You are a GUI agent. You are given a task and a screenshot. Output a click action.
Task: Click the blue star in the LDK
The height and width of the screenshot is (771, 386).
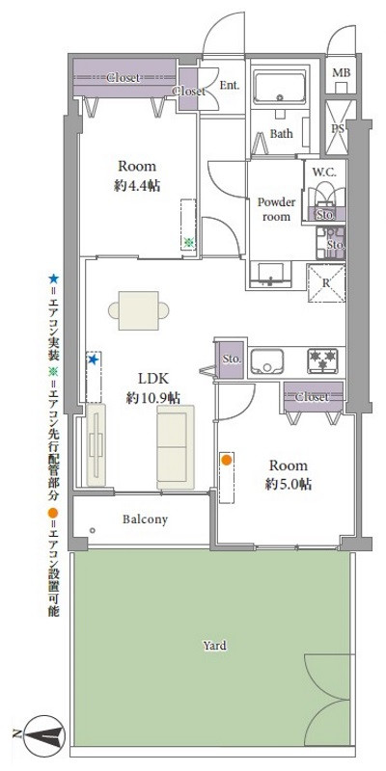pyautogui.click(x=93, y=359)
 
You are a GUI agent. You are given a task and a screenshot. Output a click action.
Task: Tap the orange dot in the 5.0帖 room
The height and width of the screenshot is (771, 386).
pyautogui.click(x=227, y=461)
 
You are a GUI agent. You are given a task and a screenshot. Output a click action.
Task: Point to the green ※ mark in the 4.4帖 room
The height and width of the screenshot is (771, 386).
pyautogui.click(x=188, y=242)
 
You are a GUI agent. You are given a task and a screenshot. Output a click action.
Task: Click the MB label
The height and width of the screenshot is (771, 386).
pyautogui.click(x=342, y=73)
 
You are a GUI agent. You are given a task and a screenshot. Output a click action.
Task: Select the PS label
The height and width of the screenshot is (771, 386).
pyautogui.click(x=337, y=128)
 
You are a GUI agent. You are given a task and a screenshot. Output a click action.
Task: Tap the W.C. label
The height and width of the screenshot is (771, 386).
pyautogui.click(x=324, y=173)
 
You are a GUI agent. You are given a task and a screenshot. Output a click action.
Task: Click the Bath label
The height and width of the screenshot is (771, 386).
pyautogui.click(x=281, y=133)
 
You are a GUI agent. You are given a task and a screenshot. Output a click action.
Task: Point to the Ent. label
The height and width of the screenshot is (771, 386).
pyautogui.click(x=230, y=85)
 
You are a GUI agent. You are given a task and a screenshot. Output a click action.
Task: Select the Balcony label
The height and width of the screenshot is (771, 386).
pyautogui.click(x=146, y=518)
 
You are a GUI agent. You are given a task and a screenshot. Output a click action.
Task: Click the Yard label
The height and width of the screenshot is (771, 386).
pyautogui.click(x=215, y=645)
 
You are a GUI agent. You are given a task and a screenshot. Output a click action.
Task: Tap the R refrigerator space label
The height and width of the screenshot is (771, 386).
pyautogui.click(x=326, y=283)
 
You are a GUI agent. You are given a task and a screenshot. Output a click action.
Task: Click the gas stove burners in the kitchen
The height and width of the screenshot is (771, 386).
pyautogui.click(x=323, y=360)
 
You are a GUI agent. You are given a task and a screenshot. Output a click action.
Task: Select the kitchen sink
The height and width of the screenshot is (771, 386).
pyautogui.click(x=266, y=361)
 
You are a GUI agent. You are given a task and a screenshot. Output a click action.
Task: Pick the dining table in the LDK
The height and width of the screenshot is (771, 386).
pyautogui.click(x=139, y=310)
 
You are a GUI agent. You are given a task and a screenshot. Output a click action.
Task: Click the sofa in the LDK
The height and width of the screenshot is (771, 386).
pyautogui.click(x=176, y=447)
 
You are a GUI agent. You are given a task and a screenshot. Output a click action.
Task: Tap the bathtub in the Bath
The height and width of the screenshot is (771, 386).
pyautogui.click(x=279, y=88)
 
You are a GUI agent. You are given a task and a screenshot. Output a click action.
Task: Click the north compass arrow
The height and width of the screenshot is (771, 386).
pyautogui.click(x=41, y=735)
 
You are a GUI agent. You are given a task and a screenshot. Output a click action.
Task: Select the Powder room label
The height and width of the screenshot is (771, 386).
pyautogui.click(x=277, y=209)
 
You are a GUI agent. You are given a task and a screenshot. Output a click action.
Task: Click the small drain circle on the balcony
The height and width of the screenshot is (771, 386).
pyautogui.click(x=92, y=531)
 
